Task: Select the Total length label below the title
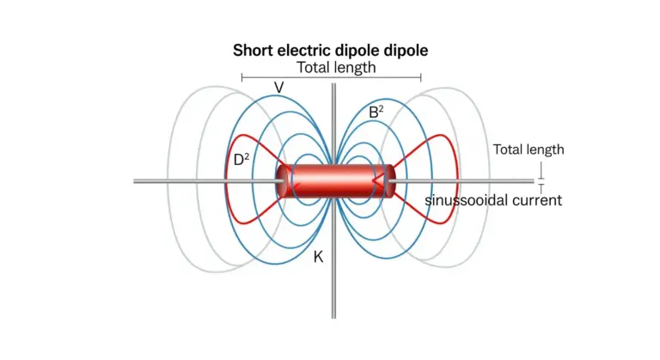[336, 67]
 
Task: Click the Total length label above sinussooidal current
[529, 149]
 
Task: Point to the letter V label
[278, 88]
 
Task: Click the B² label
[376, 112]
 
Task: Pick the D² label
[241, 160]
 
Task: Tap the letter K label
[318, 257]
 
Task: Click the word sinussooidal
[461, 200]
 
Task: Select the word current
[531, 200]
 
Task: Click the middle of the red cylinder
[335, 181]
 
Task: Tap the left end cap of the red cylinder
[282, 181]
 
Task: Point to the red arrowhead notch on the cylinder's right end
[377, 181]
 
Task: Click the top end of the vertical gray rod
[333, 84]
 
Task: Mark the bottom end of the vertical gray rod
[333, 318]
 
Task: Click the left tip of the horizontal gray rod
[134, 181]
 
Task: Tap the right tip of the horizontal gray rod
[533, 181]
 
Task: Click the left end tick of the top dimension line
[241, 77]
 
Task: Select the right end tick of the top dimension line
[421, 77]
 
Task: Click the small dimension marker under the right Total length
[541, 179]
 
